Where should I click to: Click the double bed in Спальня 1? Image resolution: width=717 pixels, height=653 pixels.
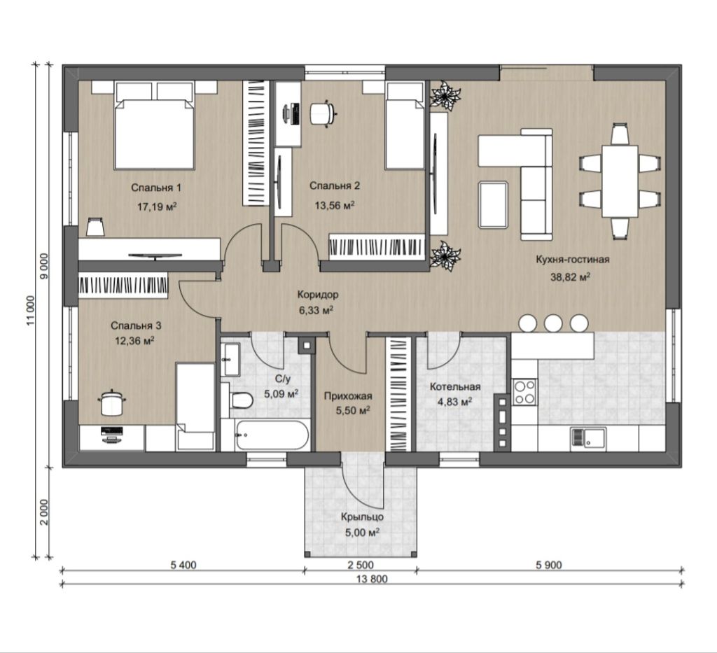point(155,125)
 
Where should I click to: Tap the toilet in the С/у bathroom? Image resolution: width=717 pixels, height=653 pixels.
point(241,400)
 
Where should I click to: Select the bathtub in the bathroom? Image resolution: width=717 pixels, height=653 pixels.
point(272,435)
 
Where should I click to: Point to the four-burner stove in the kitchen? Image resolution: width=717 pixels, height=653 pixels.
point(524,392)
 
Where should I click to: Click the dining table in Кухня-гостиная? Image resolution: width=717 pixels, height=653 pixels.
point(620,181)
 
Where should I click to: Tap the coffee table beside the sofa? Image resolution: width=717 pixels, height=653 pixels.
point(494,204)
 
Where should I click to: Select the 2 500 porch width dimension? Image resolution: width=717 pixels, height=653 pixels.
point(361,566)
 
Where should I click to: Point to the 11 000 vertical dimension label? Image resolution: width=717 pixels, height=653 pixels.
point(31,311)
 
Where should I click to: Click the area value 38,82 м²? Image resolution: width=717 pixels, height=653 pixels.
point(570,277)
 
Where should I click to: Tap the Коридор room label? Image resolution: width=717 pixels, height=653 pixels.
point(318,295)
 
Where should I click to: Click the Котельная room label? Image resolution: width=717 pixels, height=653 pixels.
point(455,386)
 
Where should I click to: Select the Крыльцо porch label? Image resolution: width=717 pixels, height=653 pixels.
point(362,517)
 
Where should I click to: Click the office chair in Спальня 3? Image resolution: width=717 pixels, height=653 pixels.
point(111,402)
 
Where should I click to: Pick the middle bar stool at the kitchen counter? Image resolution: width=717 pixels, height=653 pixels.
point(553,323)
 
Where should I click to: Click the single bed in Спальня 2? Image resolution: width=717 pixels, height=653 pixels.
point(405,126)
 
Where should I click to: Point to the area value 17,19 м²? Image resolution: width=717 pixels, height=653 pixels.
point(158,206)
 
